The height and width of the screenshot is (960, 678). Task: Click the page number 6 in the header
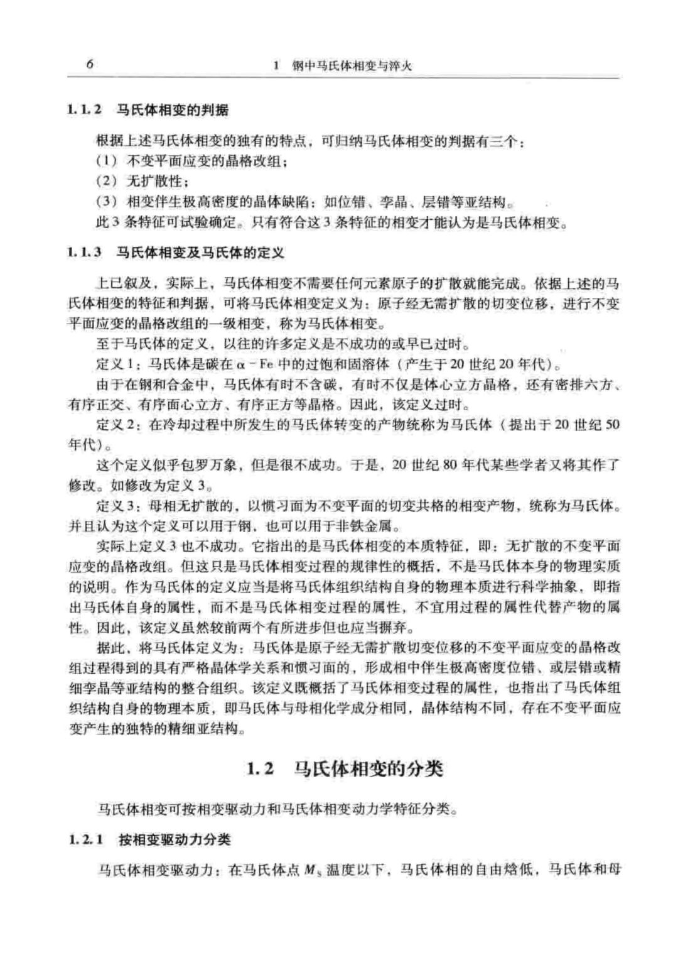tap(90, 65)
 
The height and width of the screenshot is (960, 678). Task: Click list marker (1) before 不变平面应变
tap(107, 161)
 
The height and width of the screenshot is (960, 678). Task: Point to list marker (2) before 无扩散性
tap(107, 182)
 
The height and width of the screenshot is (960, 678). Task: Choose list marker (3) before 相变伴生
tap(107, 203)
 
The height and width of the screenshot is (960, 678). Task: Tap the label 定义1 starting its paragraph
tap(114, 364)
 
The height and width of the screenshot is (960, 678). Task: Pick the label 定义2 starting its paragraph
tap(114, 425)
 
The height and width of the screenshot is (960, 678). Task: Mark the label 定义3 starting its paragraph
tap(114, 506)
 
